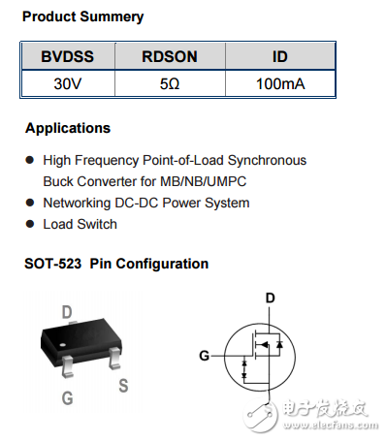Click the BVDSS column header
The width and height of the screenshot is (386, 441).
tap(66, 57)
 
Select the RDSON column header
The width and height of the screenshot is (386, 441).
tap(170, 57)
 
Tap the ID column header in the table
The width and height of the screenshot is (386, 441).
tap(280, 57)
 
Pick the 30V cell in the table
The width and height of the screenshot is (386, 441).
tap(66, 84)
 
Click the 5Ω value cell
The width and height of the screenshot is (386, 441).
tap(170, 84)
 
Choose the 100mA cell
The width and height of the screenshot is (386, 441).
tap(280, 84)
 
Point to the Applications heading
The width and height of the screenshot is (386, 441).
tap(68, 128)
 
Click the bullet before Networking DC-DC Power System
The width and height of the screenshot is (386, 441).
tap(30, 203)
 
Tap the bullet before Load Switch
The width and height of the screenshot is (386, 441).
tap(30, 224)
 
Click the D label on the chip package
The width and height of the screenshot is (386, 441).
tap(67, 311)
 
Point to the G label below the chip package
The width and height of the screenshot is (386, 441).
tap(67, 397)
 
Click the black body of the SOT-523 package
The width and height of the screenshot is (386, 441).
tap(82, 339)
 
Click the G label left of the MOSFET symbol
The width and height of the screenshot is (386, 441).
tap(204, 356)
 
